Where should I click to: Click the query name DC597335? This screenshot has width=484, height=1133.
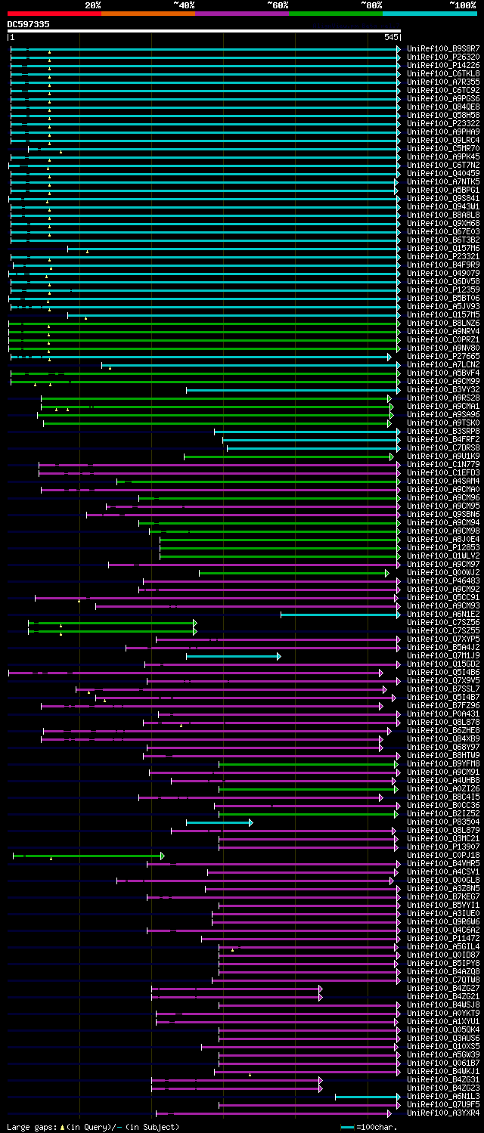point(29,24)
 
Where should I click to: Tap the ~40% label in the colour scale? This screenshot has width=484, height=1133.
point(184,5)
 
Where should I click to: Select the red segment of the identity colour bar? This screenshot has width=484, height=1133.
point(54,13)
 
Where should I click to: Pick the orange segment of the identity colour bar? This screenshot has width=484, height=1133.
point(147,13)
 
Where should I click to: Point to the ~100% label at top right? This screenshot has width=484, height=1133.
point(462,5)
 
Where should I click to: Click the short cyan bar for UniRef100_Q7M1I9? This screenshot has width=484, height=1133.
point(233,656)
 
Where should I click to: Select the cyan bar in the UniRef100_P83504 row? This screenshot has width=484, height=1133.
point(219,822)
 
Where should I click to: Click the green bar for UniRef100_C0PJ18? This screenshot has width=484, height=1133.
point(88,856)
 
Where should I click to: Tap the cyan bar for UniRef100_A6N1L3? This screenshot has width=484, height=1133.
point(367,1097)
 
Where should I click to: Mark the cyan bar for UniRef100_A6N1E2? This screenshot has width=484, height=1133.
point(340,614)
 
